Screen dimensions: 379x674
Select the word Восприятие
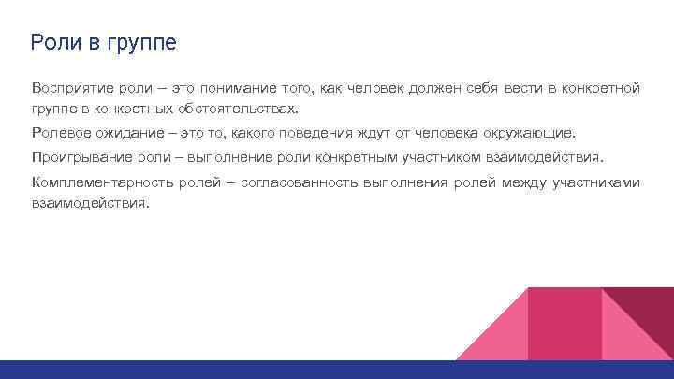[x=74, y=88]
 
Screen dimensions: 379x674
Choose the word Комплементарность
[x=104, y=182]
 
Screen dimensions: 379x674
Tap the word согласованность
[x=296, y=182]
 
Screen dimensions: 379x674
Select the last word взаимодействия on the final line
[x=90, y=201]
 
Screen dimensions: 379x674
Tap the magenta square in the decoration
[x=564, y=324]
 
